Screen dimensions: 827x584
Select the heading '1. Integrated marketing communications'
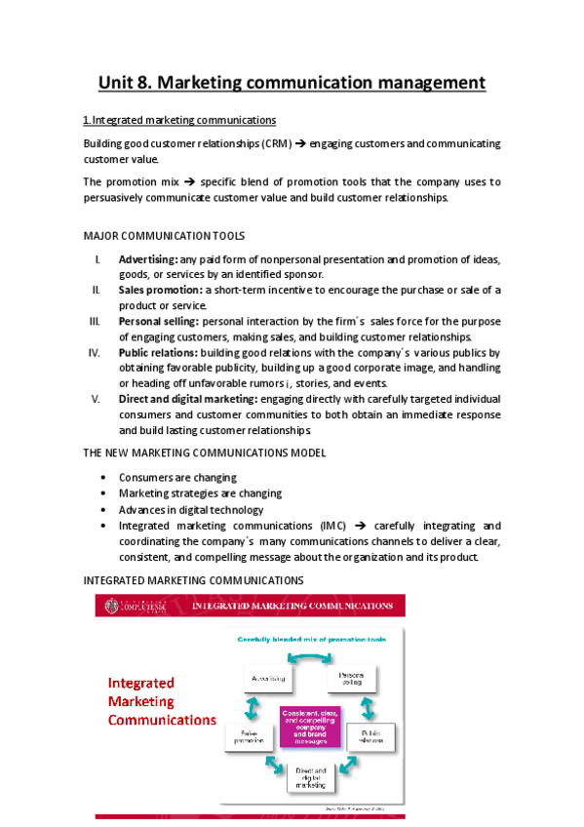(x=179, y=120)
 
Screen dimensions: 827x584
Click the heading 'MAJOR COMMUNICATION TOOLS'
(x=164, y=236)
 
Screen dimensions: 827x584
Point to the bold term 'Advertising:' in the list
(x=147, y=259)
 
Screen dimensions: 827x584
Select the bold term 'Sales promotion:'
(x=161, y=291)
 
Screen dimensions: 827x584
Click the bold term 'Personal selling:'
(x=159, y=321)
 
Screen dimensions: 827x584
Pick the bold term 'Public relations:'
(x=158, y=352)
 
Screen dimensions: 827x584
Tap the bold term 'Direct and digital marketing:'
(x=188, y=399)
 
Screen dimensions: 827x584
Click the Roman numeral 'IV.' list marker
(x=96, y=352)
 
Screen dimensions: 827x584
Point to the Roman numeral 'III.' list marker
(x=95, y=321)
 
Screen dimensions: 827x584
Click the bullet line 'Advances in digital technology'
(x=191, y=509)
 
